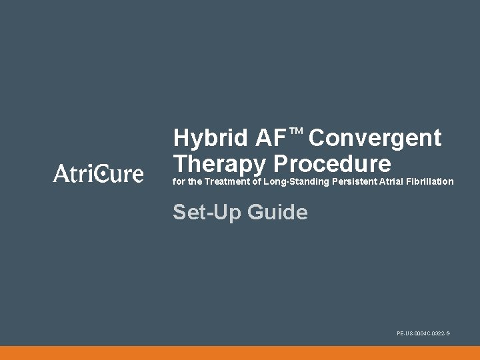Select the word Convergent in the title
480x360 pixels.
[375, 138]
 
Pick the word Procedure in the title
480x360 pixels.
[332, 163]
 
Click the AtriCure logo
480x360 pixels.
[98, 173]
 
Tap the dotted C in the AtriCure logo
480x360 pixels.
[101, 174]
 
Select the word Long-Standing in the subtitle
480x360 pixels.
[297, 181]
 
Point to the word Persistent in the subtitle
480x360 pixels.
[353, 181]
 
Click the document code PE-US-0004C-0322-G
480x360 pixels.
[423, 333]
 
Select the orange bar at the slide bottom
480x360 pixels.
[240, 353]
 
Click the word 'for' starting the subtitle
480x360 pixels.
[178, 181]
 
